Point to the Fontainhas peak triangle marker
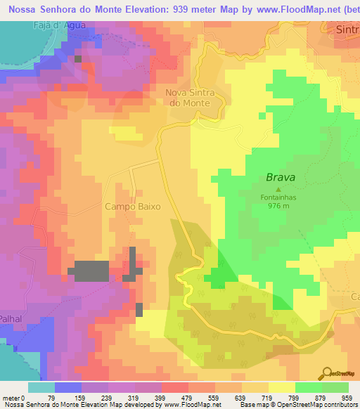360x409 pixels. click(x=278, y=189)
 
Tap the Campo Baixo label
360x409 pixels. click(x=133, y=207)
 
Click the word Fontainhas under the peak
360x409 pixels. click(x=278, y=197)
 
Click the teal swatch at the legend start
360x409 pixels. click(x=41, y=388)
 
